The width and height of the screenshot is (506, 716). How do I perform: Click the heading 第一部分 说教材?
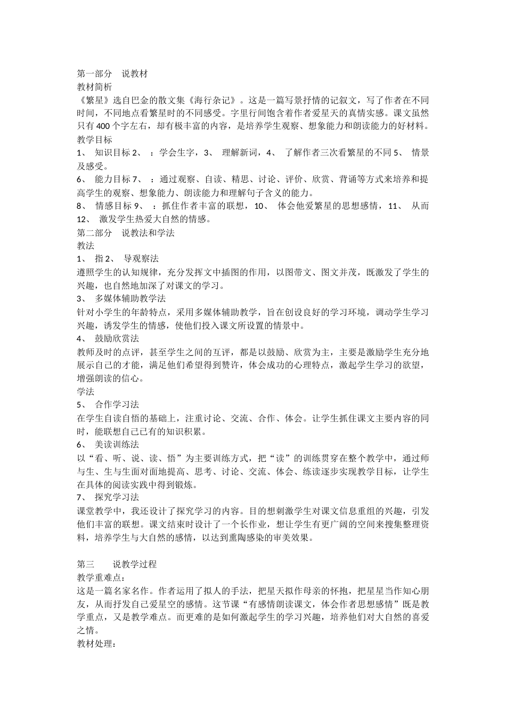112,74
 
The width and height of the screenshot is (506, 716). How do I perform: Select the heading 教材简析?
95,87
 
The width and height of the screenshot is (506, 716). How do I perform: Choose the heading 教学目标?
95,140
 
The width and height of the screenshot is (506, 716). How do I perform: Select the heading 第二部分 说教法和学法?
126,233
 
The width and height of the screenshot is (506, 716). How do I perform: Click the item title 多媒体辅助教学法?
130,298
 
